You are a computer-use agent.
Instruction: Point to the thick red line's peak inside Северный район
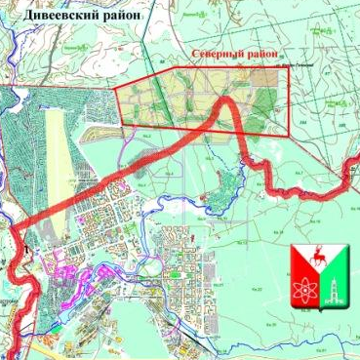tap(226, 100)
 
